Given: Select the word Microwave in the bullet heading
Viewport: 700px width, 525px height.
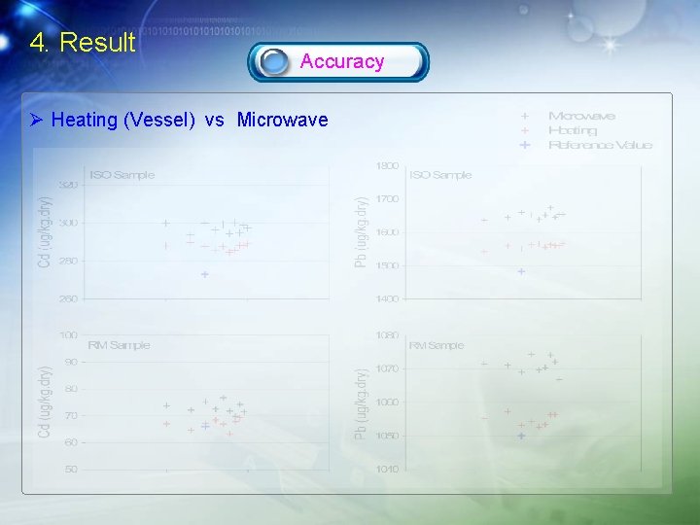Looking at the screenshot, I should pos(282,121).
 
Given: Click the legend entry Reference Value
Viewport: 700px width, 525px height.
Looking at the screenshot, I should pos(600,145).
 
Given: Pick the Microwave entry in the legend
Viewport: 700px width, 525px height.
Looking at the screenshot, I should pos(581,116).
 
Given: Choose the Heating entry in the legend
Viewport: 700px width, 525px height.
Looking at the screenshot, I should pos(573,130).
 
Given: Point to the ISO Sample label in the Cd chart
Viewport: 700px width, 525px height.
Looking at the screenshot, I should pos(122,175).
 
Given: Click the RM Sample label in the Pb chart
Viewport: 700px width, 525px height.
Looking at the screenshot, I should pos(437,345).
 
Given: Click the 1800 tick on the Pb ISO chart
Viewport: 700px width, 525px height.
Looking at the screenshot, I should pos(387,166).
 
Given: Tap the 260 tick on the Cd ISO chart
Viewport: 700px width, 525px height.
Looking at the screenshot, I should pos(68,298).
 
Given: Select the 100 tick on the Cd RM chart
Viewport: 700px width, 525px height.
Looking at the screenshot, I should pos(69,335).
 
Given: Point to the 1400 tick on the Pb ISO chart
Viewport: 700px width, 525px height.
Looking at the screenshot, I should pos(387,298).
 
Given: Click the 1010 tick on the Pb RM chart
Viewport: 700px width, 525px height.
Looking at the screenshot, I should pos(387,470).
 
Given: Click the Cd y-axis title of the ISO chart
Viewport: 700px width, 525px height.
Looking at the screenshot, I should pos(45,232).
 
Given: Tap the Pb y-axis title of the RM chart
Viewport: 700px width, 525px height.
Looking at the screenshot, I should pos(361,402).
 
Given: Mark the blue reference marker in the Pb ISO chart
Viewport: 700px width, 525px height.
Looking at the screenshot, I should pos(521,271).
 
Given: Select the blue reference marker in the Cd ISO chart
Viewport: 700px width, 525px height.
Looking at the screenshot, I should pos(205,274).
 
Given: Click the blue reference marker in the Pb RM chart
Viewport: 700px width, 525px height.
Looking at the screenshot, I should pos(521,436).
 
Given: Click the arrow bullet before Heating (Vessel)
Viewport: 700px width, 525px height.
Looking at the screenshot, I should pos(36,121).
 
